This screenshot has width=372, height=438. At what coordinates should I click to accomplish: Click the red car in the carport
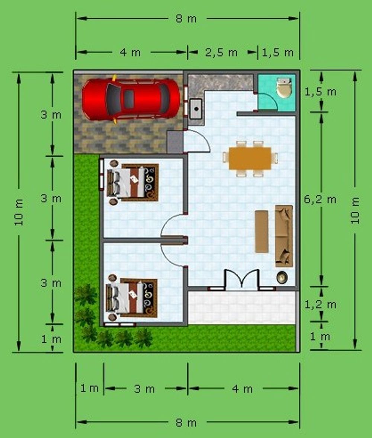(131, 99)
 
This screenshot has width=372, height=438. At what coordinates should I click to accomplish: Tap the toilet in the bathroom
(284, 87)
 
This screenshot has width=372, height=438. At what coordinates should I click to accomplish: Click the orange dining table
(250, 159)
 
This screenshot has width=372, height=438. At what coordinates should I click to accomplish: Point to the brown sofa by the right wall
(284, 236)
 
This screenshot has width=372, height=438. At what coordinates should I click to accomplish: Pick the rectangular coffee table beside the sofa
(262, 231)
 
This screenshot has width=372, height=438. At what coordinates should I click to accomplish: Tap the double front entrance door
(242, 278)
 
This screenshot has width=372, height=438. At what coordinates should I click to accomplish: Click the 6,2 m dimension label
(320, 199)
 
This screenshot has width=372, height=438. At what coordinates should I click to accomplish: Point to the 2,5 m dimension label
(221, 52)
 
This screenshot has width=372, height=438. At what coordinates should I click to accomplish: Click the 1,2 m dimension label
(320, 304)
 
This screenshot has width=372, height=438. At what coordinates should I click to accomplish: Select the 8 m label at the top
(186, 19)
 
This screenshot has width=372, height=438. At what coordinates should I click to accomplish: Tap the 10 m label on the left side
(19, 212)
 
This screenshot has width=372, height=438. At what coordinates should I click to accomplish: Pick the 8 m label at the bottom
(186, 423)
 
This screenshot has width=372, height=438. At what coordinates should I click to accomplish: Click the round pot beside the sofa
(282, 278)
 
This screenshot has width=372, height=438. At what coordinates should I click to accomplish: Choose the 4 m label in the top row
(130, 52)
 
